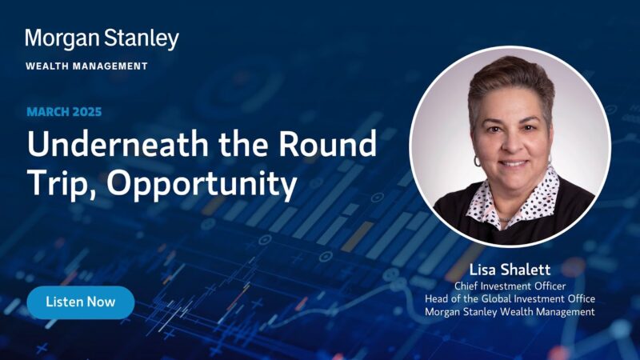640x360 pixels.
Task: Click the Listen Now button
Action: click(81, 302)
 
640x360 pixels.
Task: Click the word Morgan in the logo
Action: click(62, 39)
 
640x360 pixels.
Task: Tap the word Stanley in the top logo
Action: click(142, 39)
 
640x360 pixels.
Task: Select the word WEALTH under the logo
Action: click(46, 66)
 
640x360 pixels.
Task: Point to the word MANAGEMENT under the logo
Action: click(110, 66)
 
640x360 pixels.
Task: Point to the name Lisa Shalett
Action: click(510, 270)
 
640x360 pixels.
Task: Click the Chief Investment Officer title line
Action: click(510, 286)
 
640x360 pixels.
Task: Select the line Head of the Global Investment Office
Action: click(510, 298)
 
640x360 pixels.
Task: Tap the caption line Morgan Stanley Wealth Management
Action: click(510, 312)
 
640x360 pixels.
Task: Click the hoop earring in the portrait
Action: click(477, 161)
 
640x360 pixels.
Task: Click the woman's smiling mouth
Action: click(513, 163)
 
